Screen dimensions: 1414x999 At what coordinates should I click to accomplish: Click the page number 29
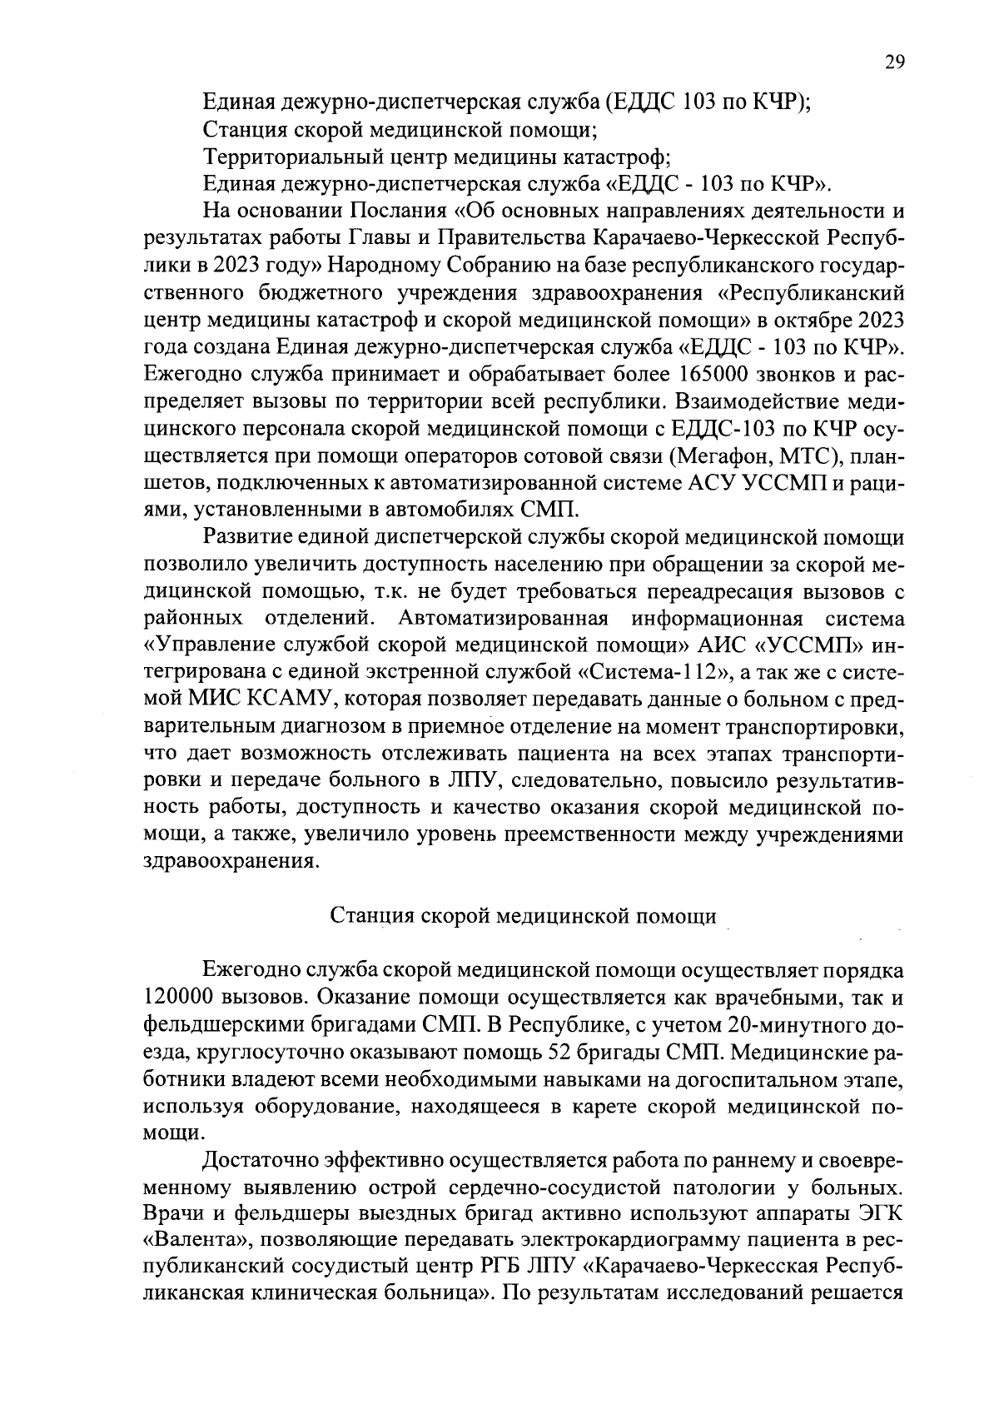click(894, 64)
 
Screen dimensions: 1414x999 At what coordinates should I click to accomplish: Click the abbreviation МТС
click(804, 456)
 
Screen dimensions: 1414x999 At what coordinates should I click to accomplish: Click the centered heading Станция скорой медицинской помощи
click(524, 916)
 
